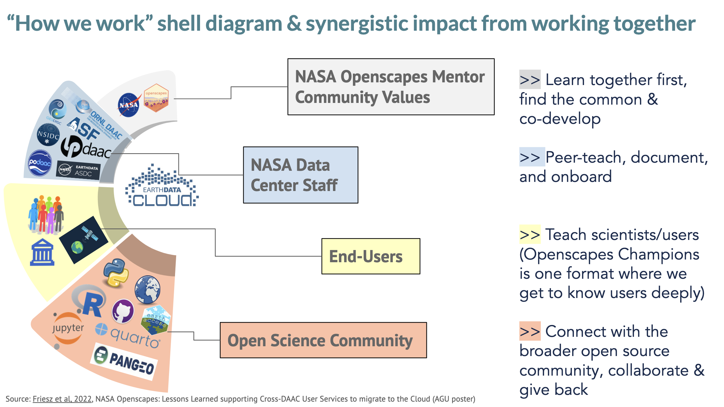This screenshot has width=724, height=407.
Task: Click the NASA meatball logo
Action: click(129, 105)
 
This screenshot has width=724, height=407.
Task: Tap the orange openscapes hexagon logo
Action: click(156, 98)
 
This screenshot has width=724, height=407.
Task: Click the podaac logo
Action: click(40, 163)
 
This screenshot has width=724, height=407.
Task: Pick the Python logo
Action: click(116, 273)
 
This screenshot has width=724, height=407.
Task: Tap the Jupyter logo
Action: click(68, 328)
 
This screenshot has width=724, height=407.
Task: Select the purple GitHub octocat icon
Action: click(123, 311)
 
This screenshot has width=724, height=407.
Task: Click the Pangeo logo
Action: click(124, 361)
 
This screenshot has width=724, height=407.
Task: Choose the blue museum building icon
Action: click(42, 252)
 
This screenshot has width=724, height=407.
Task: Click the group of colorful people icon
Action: click(46, 214)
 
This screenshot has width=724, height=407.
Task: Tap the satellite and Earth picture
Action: click(84, 239)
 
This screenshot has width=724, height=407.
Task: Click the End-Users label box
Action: click(370, 256)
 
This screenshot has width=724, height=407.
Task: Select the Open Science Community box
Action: click(323, 340)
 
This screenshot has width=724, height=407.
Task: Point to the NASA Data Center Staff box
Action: click(300, 175)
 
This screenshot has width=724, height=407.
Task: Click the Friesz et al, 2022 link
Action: click(62, 399)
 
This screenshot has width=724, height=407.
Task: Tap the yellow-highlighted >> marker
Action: click(530, 235)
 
